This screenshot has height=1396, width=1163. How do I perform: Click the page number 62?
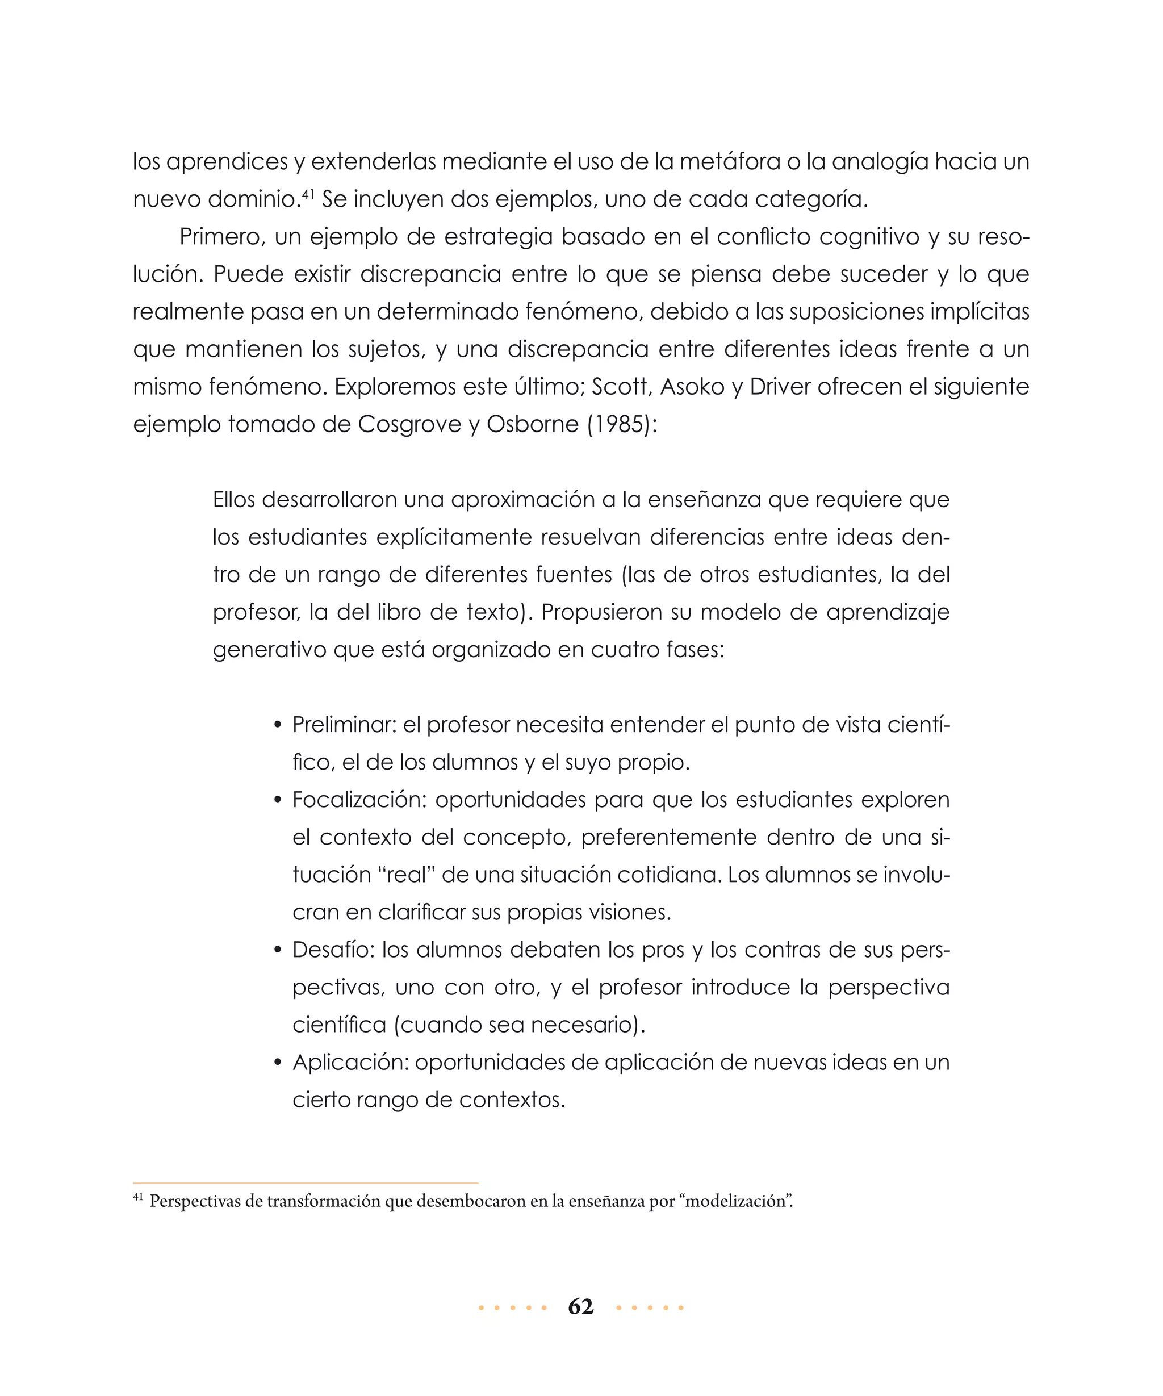tap(580, 1306)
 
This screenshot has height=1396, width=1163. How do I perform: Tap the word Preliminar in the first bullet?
tap(343, 725)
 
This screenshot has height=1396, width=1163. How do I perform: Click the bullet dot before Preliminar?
tap(278, 726)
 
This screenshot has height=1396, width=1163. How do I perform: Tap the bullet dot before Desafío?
tap(278, 951)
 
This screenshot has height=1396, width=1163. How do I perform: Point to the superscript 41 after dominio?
tap(308, 194)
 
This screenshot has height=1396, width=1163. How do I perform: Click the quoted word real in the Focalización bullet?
tap(406, 875)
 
